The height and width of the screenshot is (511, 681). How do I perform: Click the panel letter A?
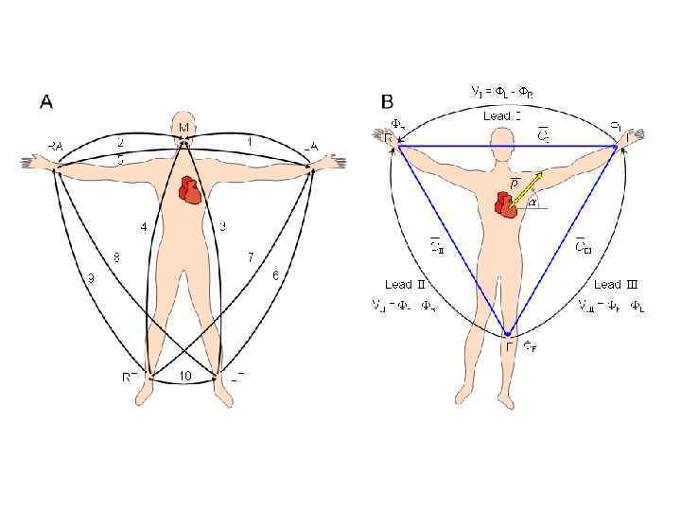click(45, 101)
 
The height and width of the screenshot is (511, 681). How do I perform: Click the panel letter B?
click(388, 101)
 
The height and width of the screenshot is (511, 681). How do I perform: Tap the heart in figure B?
click(507, 203)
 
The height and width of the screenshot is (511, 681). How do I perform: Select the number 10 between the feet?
click(184, 377)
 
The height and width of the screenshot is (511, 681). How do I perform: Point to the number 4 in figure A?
click(144, 228)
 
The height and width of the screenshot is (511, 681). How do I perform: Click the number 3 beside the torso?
click(222, 225)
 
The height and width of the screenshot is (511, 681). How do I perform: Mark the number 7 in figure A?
click(250, 256)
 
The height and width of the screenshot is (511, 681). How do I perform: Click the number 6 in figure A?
click(275, 275)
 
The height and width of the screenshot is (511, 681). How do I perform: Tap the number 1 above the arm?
click(249, 142)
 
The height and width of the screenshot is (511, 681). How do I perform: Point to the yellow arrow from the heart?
click(528, 187)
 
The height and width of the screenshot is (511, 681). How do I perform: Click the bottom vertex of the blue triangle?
click(508, 335)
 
